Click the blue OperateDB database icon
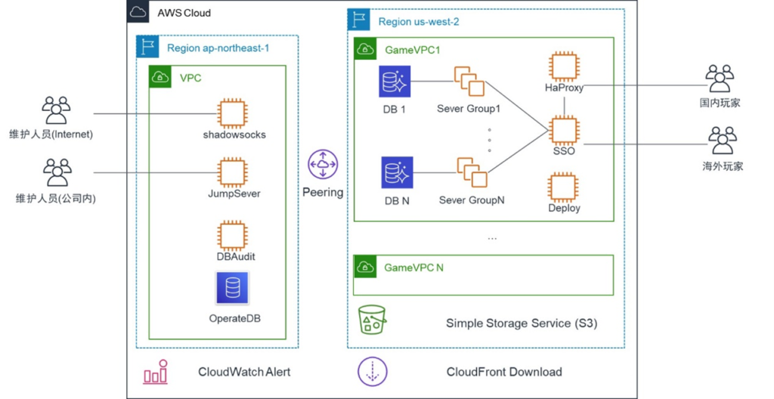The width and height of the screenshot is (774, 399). tap(232, 288)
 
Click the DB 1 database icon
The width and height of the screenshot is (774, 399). tap(395, 82)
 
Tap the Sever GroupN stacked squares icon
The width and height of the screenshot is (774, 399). tap(471, 172)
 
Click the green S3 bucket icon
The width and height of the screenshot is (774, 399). tap(372, 320)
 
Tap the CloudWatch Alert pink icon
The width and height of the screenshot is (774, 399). tap(156, 372)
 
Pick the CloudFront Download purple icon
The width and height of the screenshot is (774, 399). tap(372, 372)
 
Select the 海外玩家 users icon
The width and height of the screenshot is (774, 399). tap(722, 141)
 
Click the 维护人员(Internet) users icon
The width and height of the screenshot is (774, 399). tap(57, 110)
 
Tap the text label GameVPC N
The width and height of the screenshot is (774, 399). tap(413, 268)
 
